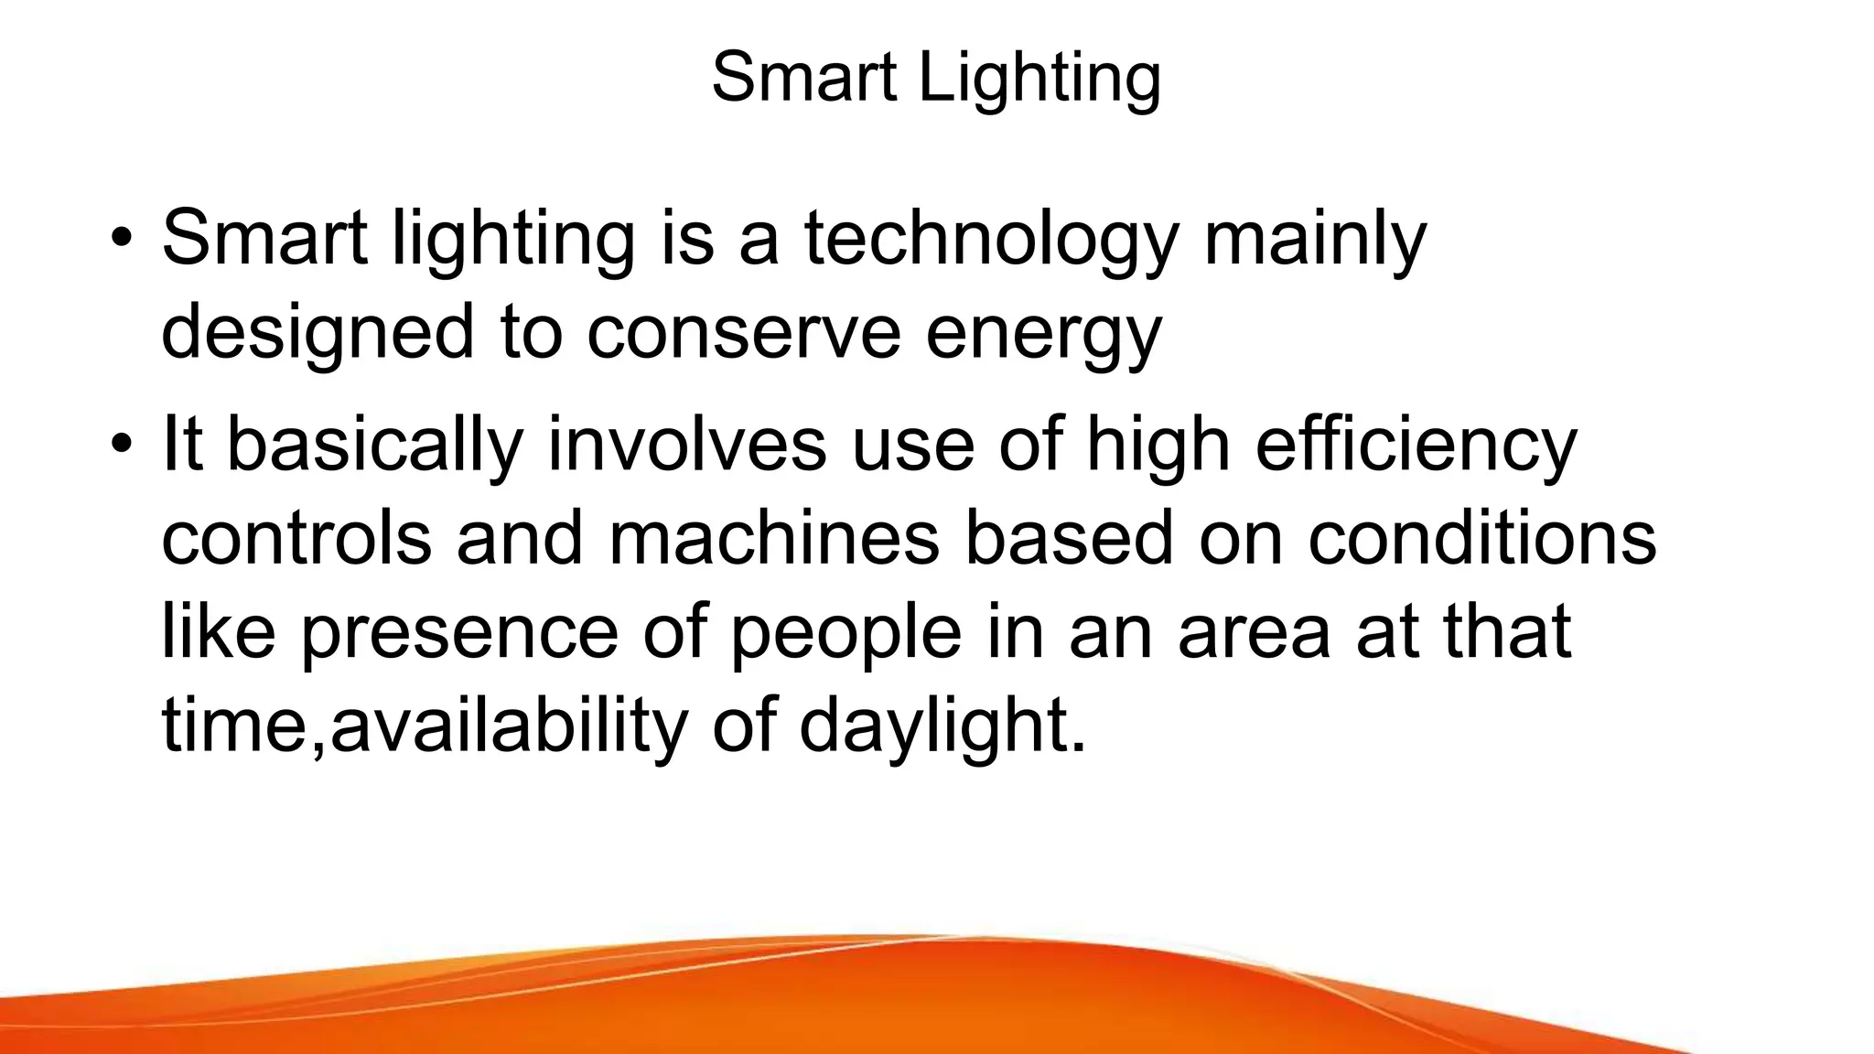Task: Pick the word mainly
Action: pos(1315,240)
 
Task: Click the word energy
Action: pos(1043,335)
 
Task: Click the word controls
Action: pos(296,538)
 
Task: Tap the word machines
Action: pos(773,538)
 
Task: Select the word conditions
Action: pos(1481,538)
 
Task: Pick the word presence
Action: pos(458,633)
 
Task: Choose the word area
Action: pos(1254,633)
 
